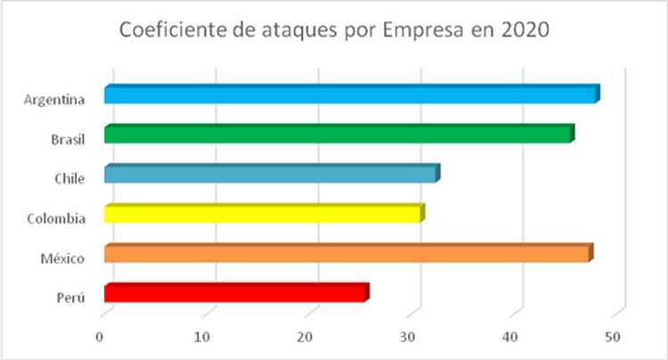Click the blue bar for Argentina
coord(350,95)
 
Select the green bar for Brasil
coord(338,135)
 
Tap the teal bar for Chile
coord(271,175)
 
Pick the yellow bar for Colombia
coord(263,215)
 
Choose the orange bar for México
coord(347,255)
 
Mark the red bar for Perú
coord(235,294)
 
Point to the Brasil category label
coord(68,139)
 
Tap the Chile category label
coord(69,178)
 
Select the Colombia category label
coord(58,218)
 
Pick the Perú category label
coord(70,298)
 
